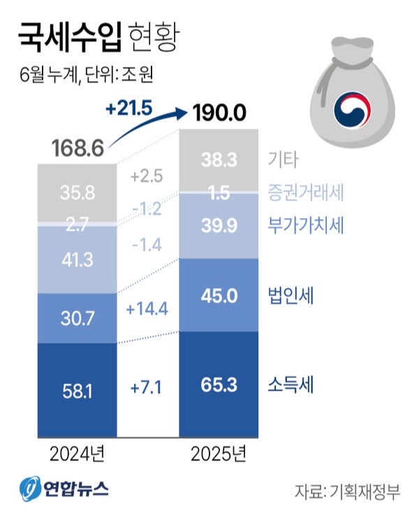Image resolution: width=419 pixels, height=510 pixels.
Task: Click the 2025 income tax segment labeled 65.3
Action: (x=220, y=384)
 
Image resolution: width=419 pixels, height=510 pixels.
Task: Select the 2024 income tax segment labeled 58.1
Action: (x=76, y=390)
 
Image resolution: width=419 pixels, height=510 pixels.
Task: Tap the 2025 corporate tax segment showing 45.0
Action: (x=220, y=295)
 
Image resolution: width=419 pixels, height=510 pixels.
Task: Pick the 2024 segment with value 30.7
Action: (x=76, y=318)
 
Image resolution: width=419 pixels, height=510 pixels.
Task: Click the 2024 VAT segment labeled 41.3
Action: (x=76, y=259)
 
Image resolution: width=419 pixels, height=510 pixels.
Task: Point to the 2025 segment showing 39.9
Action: (x=220, y=226)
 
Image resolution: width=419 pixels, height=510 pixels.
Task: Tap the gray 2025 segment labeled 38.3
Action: (x=220, y=159)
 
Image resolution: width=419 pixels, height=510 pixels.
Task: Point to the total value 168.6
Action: (x=78, y=148)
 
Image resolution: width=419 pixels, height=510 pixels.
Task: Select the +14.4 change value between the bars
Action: (x=147, y=307)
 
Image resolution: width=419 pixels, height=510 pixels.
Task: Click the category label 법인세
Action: (x=291, y=296)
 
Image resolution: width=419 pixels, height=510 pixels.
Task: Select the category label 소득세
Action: (x=291, y=384)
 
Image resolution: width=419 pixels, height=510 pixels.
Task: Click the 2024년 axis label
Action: (x=77, y=455)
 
